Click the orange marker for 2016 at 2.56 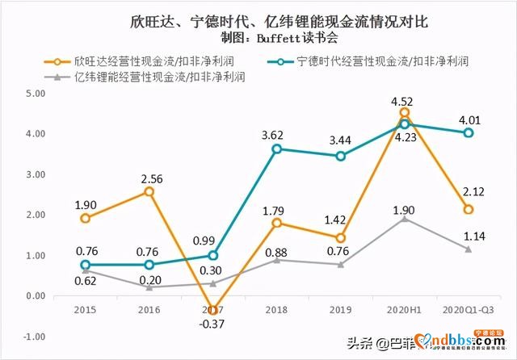(149, 191)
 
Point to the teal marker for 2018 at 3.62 (276, 149)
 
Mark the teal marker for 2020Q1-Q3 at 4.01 (468, 133)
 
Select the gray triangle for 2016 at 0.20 (149, 287)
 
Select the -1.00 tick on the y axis (35, 337)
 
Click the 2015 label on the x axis (85, 310)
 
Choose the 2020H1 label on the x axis (404, 310)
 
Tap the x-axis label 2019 (340, 310)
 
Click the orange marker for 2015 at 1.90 (85, 218)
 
